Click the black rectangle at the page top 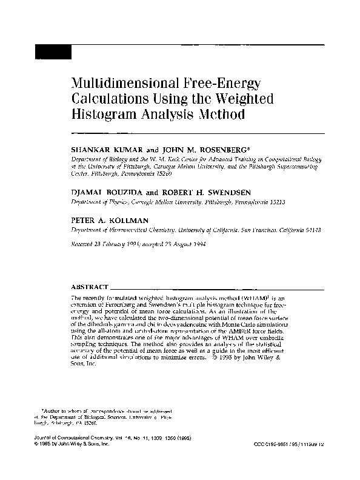[x=53, y=52]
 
